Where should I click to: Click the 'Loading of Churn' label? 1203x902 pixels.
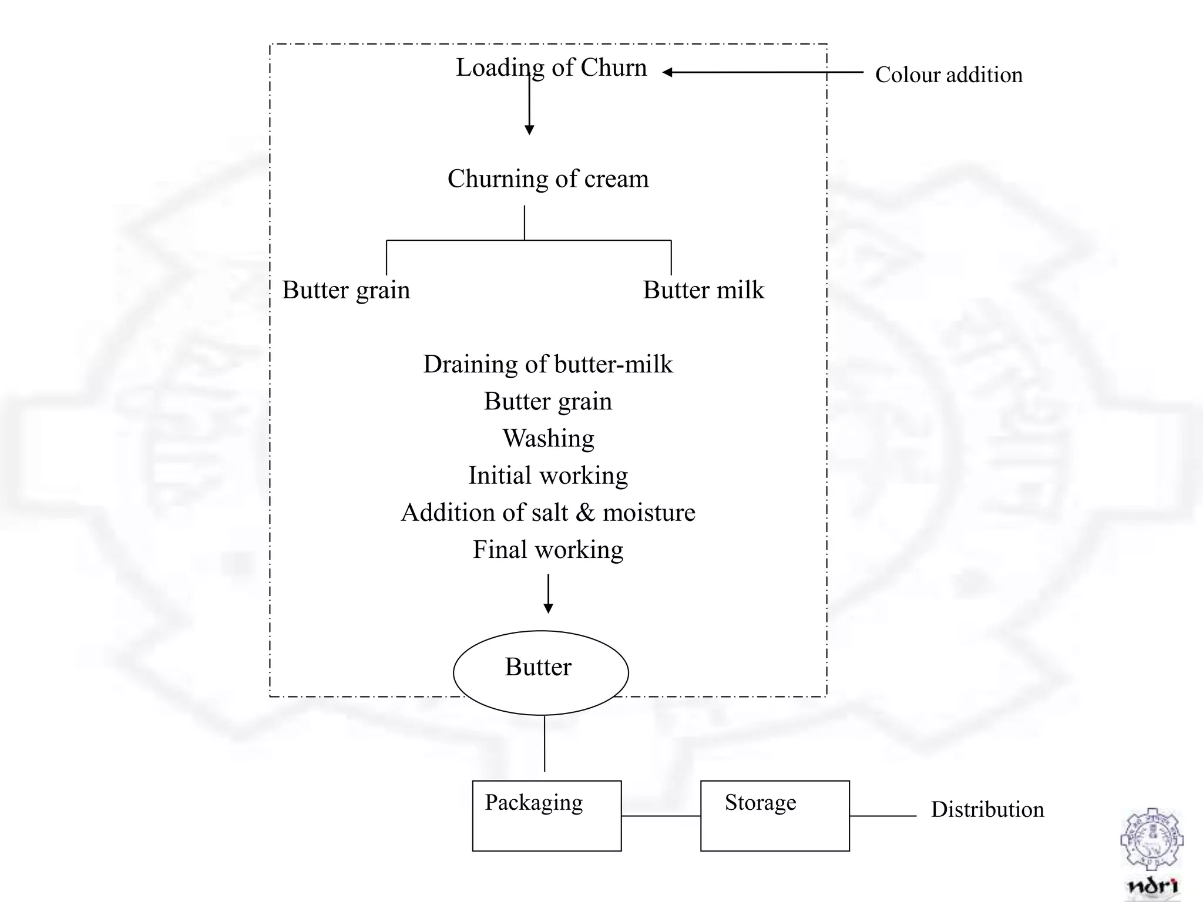pyautogui.click(x=551, y=68)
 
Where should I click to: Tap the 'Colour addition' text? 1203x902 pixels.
pyautogui.click(x=949, y=75)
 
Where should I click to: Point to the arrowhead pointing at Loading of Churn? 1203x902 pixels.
pyautogui.click(x=667, y=72)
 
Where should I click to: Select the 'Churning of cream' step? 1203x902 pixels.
pyautogui.click(x=548, y=179)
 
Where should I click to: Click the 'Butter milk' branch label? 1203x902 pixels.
pyautogui.click(x=703, y=290)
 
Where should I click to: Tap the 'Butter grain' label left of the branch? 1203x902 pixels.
pyautogui.click(x=346, y=290)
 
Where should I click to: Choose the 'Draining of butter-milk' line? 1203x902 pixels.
pyautogui.click(x=547, y=364)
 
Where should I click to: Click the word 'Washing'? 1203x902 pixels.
pyautogui.click(x=548, y=439)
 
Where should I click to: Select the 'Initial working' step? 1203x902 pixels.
pyautogui.click(x=548, y=476)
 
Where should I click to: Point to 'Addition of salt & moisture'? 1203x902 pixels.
pyautogui.click(x=548, y=513)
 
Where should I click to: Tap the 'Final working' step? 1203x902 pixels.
pyautogui.click(x=548, y=550)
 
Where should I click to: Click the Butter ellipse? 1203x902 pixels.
pyautogui.click(x=540, y=672)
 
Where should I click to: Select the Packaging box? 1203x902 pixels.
pyautogui.click(x=546, y=816)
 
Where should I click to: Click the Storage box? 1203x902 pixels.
pyautogui.click(x=774, y=816)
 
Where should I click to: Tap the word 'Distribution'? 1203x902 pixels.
pyautogui.click(x=987, y=810)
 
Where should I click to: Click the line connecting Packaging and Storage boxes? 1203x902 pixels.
pyautogui.click(x=661, y=816)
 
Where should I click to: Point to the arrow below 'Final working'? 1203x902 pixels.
pyautogui.click(x=548, y=594)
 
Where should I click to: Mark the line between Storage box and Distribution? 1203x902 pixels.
pyautogui.click(x=883, y=816)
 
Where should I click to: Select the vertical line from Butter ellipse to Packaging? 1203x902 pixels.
pyautogui.click(x=545, y=743)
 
